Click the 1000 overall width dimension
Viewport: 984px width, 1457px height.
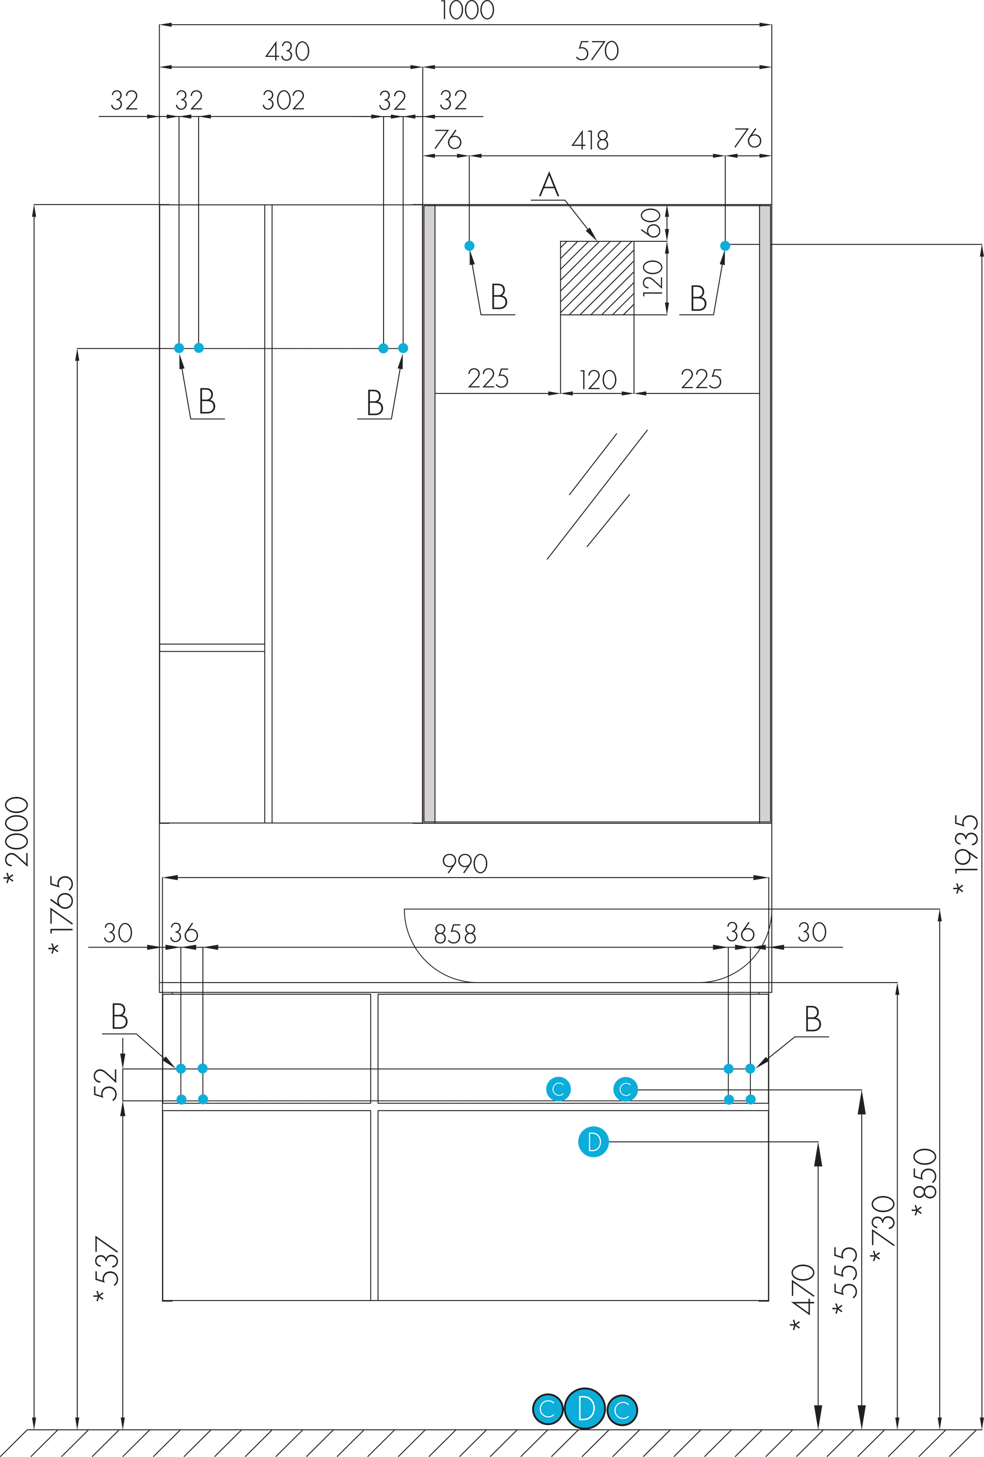pyautogui.click(x=467, y=10)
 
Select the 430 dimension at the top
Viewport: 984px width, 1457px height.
pyautogui.click(x=288, y=51)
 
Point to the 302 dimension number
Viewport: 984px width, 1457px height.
pyautogui.click(x=284, y=101)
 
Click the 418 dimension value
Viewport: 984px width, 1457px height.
pyautogui.click(x=590, y=140)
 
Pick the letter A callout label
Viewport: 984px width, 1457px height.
pyautogui.click(x=549, y=185)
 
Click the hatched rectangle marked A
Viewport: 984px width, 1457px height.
pyautogui.click(x=597, y=278)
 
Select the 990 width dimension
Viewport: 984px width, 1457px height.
pyautogui.click(x=465, y=864)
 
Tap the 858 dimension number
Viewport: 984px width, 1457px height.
pyautogui.click(x=455, y=934)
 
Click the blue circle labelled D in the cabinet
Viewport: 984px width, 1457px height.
pyautogui.click(x=593, y=1142)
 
